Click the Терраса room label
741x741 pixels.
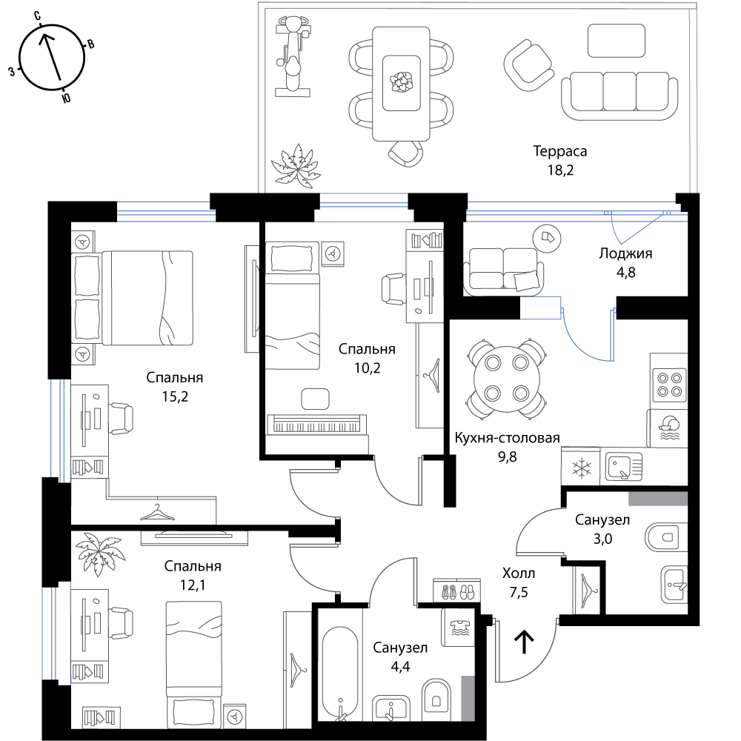point(560,151)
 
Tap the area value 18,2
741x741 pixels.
point(560,170)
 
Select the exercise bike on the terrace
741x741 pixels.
point(293,56)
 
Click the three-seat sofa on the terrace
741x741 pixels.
point(619,96)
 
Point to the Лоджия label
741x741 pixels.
point(625,253)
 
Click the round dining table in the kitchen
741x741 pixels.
point(507,378)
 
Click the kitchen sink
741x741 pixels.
point(624,467)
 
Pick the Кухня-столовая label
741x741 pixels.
point(507,438)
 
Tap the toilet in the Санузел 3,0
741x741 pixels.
point(666,537)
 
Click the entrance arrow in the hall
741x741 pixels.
point(524,641)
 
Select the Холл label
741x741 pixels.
point(519,574)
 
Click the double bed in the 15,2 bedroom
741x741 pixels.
point(133,298)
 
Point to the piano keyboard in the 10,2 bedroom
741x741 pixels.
point(316,425)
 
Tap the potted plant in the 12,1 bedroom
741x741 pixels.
point(100,554)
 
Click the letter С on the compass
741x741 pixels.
point(37,16)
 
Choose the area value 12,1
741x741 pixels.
point(193,585)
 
